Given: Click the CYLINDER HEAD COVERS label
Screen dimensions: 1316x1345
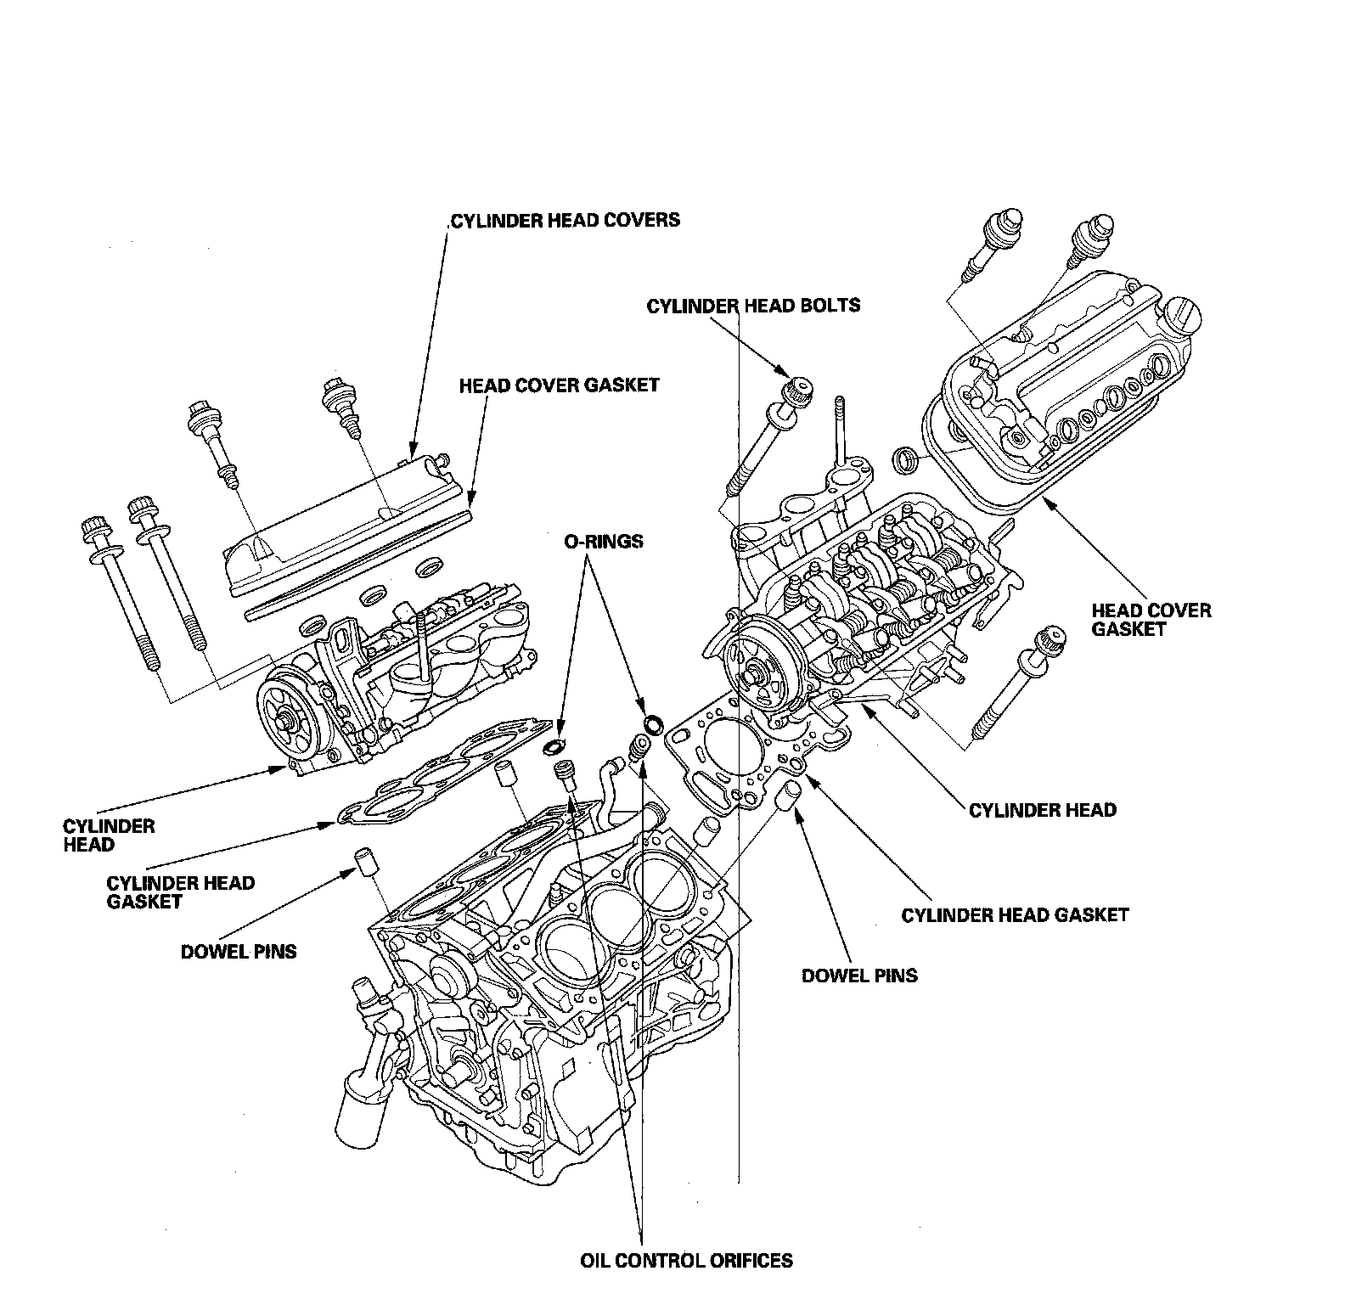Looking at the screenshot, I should pyautogui.click(x=565, y=221).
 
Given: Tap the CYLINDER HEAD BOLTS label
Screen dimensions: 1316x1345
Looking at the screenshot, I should pyautogui.click(x=753, y=306).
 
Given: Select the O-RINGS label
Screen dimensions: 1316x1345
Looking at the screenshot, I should pyautogui.click(x=602, y=541).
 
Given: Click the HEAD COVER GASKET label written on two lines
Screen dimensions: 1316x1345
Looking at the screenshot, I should pyautogui.click(x=1151, y=620).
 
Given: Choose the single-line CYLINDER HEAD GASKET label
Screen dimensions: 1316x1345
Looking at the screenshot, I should pyautogui.click(x=1015, y=915).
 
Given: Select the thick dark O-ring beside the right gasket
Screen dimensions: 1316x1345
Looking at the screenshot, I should pyautogui.click(x=654, y=724).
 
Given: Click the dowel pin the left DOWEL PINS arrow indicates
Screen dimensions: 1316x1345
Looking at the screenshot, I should pyautogui.click(x=364, y=863).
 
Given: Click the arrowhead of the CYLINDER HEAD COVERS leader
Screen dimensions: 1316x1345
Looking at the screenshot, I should pyautogui.click(x=413, y=453).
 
